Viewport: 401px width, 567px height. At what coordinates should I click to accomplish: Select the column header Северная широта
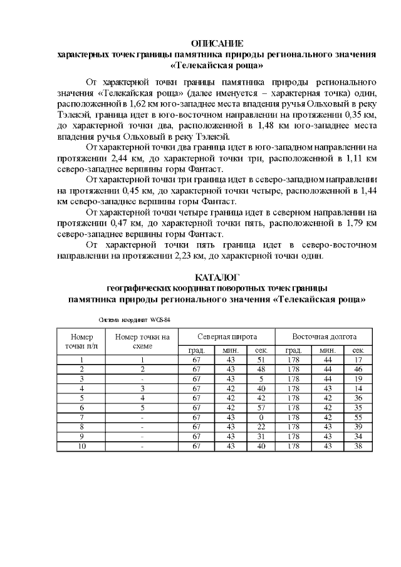click(x=226, y=336)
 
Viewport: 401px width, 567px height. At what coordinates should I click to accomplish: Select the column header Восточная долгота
click(x=324, y=336)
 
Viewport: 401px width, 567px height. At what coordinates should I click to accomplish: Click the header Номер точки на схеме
click(x=142, y=341)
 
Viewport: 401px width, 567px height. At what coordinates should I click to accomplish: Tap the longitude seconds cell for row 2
click(x=358, y=369)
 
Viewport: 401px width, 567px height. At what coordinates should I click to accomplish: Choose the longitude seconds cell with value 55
click(x=358, y=417)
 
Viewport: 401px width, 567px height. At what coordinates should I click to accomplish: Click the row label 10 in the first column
click(x=82, y=446)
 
